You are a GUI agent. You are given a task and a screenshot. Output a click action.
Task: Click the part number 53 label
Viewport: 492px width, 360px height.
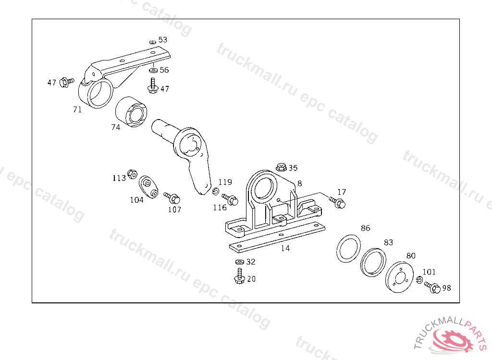(x=163, y=40)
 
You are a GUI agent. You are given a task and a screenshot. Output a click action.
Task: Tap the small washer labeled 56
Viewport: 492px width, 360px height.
(x=153, y=70)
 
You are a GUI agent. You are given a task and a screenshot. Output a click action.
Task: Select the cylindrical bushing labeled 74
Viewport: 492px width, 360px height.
(x=131, y=112)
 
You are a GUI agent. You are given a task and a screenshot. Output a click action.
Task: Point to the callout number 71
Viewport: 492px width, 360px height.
(x=77, y=109)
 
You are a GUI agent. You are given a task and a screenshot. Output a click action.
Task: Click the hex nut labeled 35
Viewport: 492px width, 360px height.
(x=281, y=167)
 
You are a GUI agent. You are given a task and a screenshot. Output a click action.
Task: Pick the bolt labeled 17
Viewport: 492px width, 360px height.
(x=337, y=202)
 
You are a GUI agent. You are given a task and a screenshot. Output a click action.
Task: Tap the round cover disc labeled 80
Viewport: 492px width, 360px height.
(x=399, y=277)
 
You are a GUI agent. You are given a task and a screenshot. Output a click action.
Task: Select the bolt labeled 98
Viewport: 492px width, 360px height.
(x=432, y=287)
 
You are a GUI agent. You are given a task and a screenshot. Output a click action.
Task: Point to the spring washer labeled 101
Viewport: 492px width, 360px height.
(x=419, y=279)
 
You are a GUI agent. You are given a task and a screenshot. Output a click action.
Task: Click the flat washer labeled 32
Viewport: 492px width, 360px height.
(x=240, y=262)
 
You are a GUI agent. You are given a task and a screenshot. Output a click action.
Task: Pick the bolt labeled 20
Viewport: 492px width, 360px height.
(x=239, y=276)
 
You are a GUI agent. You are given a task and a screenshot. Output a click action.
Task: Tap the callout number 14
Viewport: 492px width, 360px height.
(x=285, y=248)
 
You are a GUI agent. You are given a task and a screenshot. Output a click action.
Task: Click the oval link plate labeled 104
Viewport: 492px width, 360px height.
(x=148, y=187)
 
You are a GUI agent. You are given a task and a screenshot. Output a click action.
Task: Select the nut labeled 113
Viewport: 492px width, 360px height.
(x=132, y=174)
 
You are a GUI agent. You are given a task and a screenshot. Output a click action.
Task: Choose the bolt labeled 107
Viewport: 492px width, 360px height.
(x=172, y=198)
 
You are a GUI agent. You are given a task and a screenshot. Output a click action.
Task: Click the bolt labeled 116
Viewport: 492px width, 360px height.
(x=230, y=199)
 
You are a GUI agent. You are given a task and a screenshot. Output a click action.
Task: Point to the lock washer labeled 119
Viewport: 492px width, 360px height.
(x=215, y=191)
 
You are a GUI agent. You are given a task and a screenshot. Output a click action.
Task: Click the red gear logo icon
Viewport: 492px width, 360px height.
(x=454, y=340)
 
